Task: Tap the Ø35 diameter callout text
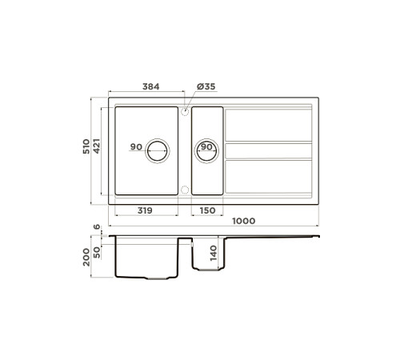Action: point(206,86)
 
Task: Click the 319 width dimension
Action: point(146,210)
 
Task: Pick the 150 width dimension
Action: point(206,210)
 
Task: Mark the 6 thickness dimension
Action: point(97,228)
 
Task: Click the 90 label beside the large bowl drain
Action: point(135,147)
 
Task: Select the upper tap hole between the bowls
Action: point(185,112)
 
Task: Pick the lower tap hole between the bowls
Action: point(185,190)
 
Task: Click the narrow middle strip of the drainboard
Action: point(268,150)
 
